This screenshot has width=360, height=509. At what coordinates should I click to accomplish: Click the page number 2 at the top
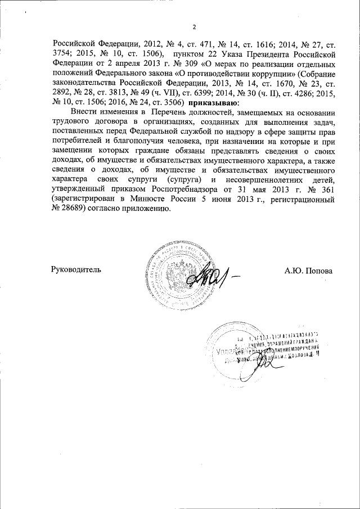pyautogui.click(x=193, y=26)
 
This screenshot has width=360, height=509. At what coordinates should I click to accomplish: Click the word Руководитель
pyautogui.click(x=76, y=271)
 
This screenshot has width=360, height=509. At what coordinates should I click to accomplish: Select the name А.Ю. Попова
pyautogui.click(x=309, y=271)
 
